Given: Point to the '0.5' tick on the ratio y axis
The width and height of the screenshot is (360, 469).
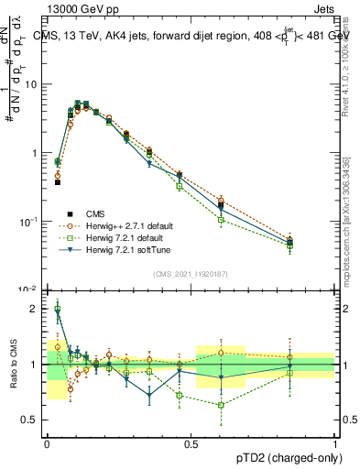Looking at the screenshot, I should pyautogui.click(x=32, y=420).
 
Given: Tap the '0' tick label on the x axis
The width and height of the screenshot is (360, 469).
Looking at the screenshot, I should pyautogui.click(x=47, y=443).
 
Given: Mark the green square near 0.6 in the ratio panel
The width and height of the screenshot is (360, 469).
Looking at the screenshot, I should pyautogui.click(x=221, y=405).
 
